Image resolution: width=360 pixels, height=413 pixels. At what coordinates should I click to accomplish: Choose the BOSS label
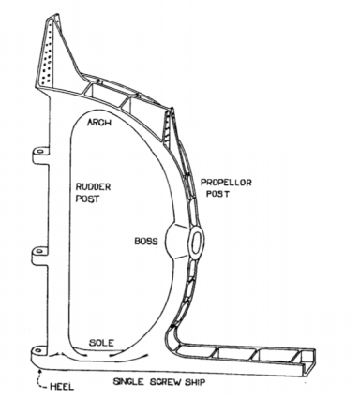146,241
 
